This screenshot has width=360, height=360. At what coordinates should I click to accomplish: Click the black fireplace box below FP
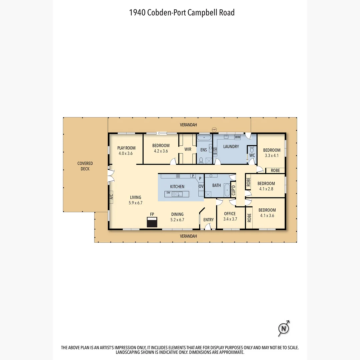click(x=152, y=222)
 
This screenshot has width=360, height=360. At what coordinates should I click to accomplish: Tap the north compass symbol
click(x=284, y=328)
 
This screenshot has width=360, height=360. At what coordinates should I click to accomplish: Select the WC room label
click(x=252, y=155)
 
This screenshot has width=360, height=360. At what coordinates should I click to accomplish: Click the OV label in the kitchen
click(x=201, y=186)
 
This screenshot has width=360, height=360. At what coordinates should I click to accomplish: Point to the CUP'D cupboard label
click(x=233, y=191)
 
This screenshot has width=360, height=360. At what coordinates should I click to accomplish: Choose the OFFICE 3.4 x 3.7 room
click(x=230, y=216)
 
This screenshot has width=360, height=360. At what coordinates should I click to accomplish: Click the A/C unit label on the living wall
click(x=111, y=197)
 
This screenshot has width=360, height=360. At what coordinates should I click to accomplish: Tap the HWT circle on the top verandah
click(x=214, y=130)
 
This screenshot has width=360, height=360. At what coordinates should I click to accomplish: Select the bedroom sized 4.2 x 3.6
click(x=161, y=148)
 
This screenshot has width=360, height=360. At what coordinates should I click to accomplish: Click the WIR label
click(x=188, y=149)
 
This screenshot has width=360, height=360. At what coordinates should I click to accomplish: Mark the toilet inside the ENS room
click(x=201, y=160)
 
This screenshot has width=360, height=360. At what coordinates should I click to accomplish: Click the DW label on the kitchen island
click(x=168, y=193)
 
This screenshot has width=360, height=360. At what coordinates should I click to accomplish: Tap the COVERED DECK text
click(x=85, y=166)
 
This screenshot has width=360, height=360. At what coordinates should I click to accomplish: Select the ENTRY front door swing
click(x=208, y=227)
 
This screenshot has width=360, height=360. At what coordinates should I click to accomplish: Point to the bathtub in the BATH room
click(x=227, y=190)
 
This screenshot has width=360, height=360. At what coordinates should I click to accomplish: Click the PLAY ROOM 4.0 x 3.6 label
click(x=126, y=151)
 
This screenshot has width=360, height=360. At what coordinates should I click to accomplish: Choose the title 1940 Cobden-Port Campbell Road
click(x=182, y=13)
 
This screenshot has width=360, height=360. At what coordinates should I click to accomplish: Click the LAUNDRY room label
click(x=231, y=147)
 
